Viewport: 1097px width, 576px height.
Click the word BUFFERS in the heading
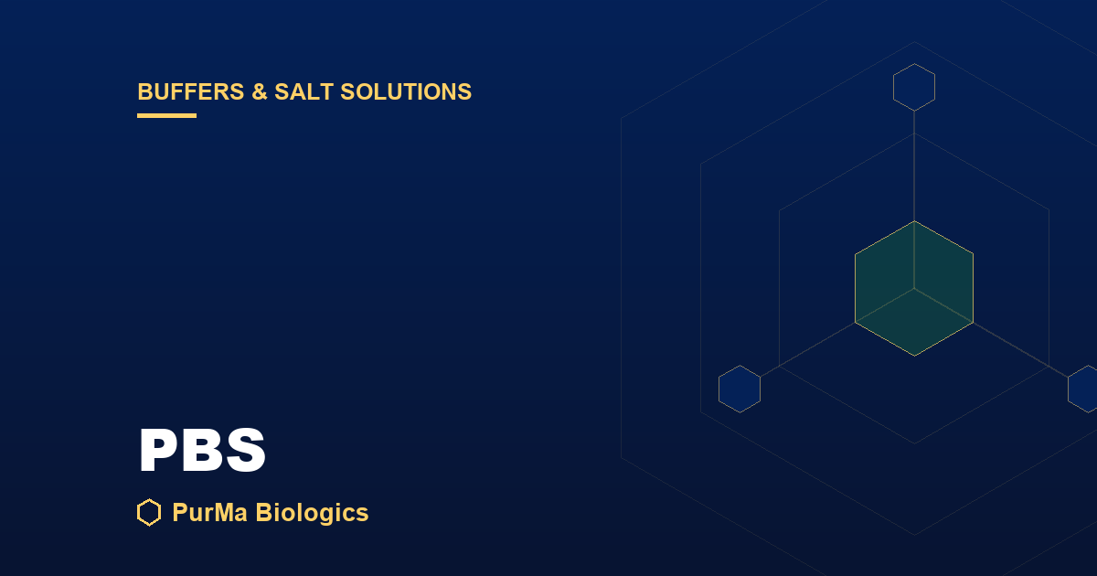tap(191, 92)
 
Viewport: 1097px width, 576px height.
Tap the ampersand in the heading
tap(260, 92)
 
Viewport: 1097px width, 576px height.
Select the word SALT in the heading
tap(304, 92)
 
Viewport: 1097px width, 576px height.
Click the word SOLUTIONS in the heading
tap(406, 92)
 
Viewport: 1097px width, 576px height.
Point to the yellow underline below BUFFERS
tap(167, 115)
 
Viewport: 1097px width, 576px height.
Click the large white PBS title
tap(202, 450)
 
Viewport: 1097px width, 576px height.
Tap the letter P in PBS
tap(160, 450)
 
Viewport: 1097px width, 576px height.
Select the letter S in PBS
tap(245, 450)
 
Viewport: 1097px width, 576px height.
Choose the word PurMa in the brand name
tap(210, 513)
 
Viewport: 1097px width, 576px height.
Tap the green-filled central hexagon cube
tap(914, 289)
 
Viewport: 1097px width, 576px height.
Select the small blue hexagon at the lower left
tap(740, 389)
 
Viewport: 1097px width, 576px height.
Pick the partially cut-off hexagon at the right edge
tap(1083, 389)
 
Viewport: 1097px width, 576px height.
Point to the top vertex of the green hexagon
tap(914, 221)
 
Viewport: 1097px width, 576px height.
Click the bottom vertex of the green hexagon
tap(914, 356)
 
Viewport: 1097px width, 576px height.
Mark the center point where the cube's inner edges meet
tap(914, 289)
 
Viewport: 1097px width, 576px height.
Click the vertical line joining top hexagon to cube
tap(914, 166)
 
